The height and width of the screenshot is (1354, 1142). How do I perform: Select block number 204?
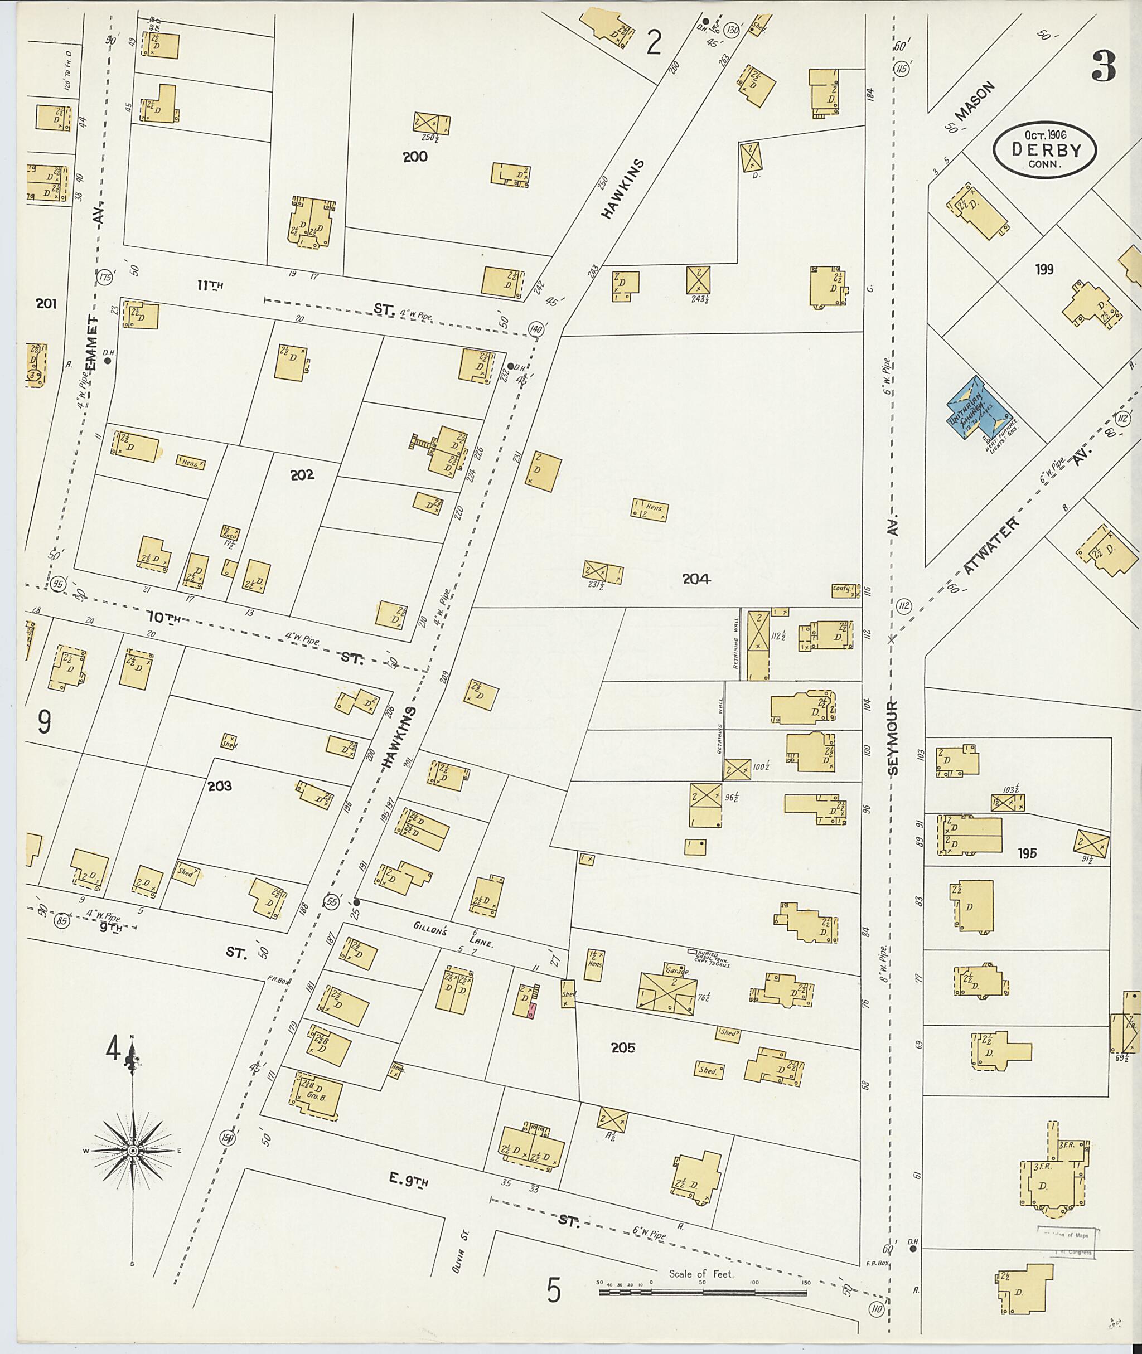pos(696,579)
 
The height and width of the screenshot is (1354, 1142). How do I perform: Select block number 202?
pos(302,475)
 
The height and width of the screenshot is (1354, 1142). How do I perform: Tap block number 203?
pos(220,787)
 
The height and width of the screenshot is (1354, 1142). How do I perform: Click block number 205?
pos(623,1047)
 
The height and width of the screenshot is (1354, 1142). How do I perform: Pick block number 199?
pos(1044,269)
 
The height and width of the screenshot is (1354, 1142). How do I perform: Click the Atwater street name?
pos(990,545)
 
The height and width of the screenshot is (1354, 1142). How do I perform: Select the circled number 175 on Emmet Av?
pos(105,278)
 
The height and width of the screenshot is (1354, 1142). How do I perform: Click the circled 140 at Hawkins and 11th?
pos(535,329)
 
